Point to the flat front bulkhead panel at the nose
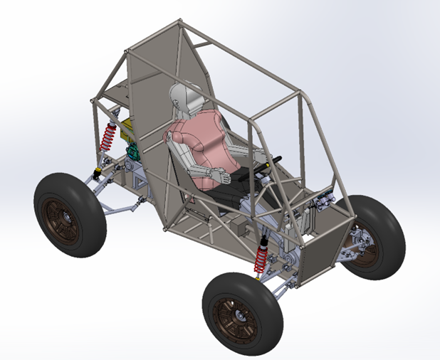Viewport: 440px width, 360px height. [x=324, y=249]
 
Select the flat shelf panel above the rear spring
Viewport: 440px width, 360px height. [x=114, y=92]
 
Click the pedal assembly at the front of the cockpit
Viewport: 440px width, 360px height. [x=317, y=206]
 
